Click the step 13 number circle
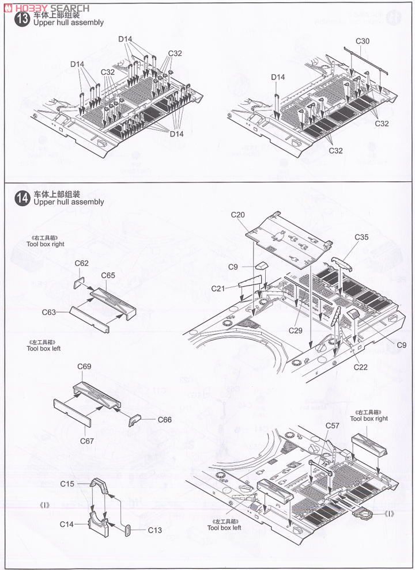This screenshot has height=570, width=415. tap(23, 18)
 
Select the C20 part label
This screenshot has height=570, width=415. tap(238, 215)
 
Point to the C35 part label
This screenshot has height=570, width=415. tap(361, 237)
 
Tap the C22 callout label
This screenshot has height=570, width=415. tap(361, 367)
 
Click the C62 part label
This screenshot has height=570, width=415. tap(82, 263)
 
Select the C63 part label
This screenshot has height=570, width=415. tap(50, 311)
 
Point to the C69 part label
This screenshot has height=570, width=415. tap(84, 366)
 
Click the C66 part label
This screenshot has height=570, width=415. tap(165, 419)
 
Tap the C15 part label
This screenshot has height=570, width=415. tap(67, 484)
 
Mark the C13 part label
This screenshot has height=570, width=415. tap(155, 530)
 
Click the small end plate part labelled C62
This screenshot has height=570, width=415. tap(79, 283)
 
